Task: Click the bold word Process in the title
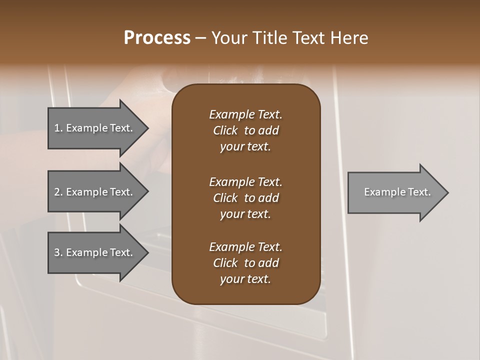[x=157, y=38]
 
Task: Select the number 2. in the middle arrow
[x=58, y=192]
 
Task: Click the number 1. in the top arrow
[x=58, y=128]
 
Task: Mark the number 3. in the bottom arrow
[x=58, y=252]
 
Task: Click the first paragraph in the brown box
[x=245, y=130]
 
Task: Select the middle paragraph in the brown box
[x=245, y=198]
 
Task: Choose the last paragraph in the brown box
[x=245, y=263]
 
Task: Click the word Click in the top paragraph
[x=225, y=130]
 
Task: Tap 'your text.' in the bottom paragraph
[x=245, y=279]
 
